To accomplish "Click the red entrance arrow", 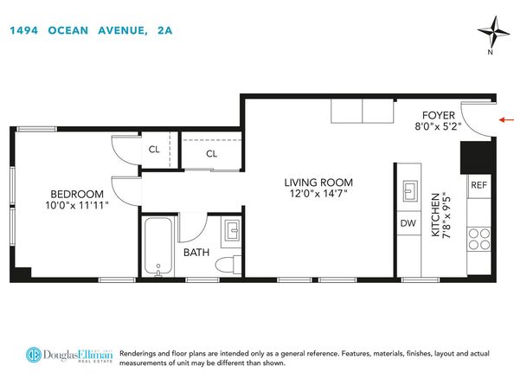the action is [x=506, y=120].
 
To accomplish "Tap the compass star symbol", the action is [x=493, y=32].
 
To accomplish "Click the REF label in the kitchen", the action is [x=479, y=185].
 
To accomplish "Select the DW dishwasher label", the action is [x=408, y=223].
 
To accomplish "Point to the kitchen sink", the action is [x=410, y=190].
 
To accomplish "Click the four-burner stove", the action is [x=479, y=240].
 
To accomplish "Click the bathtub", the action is [x=158, y=247].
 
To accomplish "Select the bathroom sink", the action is [x=233, y=229].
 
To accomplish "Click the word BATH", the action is [x=196, y=253].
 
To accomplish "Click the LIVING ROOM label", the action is [x=318, y=183].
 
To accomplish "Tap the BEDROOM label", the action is [x=77, y=194].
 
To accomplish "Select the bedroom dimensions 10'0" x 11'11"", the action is [x=77, y=205].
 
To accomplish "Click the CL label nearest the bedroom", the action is [x=154, y=150].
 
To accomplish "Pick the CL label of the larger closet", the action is [x=211, y=154].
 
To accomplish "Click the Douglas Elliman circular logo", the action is [x=34, y=355].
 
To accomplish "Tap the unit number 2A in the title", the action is [x=165, y=30].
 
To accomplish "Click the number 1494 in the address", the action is [x=24, y=30].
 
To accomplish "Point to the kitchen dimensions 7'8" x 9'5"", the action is [x=447, y=216].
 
